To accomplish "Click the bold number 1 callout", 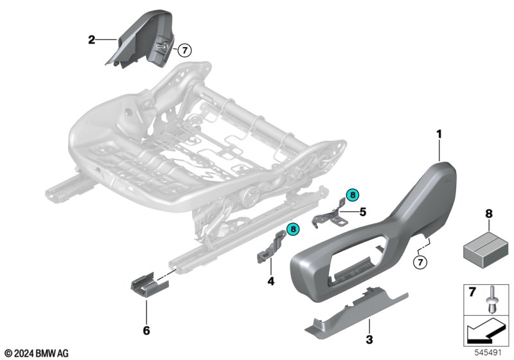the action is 439,134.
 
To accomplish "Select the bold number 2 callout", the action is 91,40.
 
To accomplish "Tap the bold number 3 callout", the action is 369,339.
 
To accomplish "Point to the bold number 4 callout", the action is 270,281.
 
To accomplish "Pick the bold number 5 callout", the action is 362,212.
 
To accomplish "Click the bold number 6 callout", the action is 146,330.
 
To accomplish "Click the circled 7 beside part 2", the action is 184,51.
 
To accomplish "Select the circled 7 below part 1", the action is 421,262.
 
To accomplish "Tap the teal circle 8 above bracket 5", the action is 353,195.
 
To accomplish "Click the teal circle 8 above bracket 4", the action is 293,229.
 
